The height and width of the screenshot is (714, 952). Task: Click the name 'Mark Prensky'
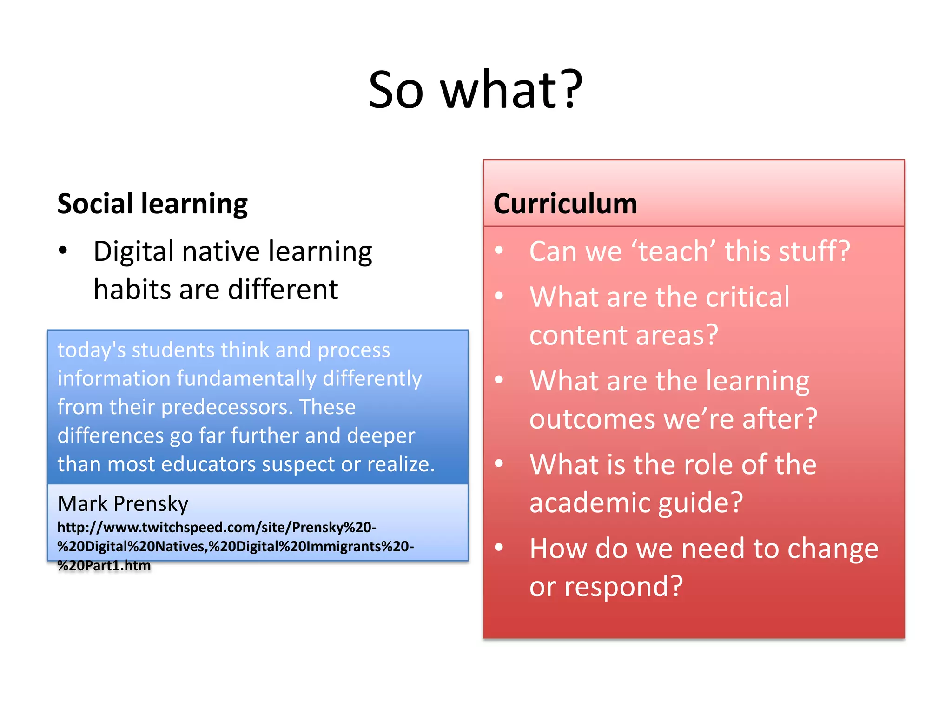pos(123,503)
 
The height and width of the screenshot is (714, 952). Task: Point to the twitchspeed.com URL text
pos(217,528)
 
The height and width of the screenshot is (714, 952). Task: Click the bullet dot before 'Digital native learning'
pos(63,251)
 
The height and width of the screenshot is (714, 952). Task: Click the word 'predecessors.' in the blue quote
pos(227,407)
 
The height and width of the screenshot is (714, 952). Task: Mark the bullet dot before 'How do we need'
pos(499,547)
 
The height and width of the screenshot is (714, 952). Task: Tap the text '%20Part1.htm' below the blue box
pos(104,566)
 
